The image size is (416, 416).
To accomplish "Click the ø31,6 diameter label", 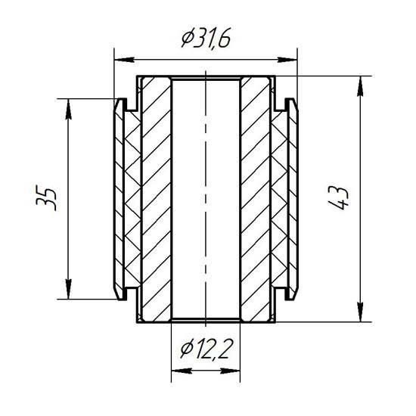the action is [x=206, y=38].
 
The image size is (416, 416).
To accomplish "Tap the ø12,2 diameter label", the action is [x=206, y=349].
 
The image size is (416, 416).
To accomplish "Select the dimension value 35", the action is [x=46, y=199].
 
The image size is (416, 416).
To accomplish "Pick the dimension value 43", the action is [x=338, y=198].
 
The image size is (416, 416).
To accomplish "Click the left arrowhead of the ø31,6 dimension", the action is [x=124, y=60].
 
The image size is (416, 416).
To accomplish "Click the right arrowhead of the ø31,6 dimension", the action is [x=287, y=60].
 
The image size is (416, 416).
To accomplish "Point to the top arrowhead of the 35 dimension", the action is [x=69, y=109].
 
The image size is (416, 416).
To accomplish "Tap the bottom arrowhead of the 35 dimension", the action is [x=69, y=289].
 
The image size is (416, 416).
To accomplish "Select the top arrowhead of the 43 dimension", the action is [x=360, y=86].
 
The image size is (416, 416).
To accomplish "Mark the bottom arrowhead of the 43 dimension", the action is [x=360, y=312].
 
